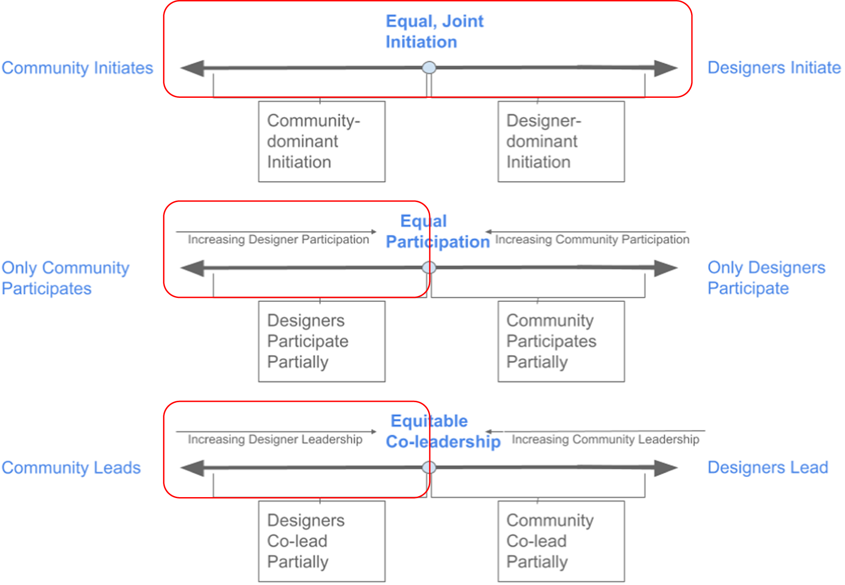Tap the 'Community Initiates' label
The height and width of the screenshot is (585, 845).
(77, 68)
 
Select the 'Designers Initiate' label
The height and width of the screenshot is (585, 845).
(773, 68)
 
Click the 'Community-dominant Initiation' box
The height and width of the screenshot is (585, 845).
(321, 142)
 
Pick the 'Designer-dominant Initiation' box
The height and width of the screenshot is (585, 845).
(561, 142)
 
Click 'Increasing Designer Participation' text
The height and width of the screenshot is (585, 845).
(278, 239)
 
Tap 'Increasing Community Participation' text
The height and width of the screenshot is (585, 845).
(592, 239)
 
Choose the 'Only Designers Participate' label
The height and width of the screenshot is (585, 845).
(766, 278)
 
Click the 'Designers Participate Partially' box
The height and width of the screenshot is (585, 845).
(321, 341)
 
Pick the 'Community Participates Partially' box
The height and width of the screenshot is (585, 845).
(561, 341)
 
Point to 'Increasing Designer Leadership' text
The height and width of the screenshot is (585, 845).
(275, 439)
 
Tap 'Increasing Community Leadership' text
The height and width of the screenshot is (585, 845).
(605, 439)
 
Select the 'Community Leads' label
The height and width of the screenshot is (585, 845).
(71, 468)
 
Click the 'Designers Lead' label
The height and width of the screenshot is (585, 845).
(768, 467)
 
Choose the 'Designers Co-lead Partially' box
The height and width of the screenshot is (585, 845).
(321, 541)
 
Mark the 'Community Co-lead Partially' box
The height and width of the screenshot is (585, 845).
(561, 541)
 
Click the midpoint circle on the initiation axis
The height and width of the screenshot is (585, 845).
(429, 68)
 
